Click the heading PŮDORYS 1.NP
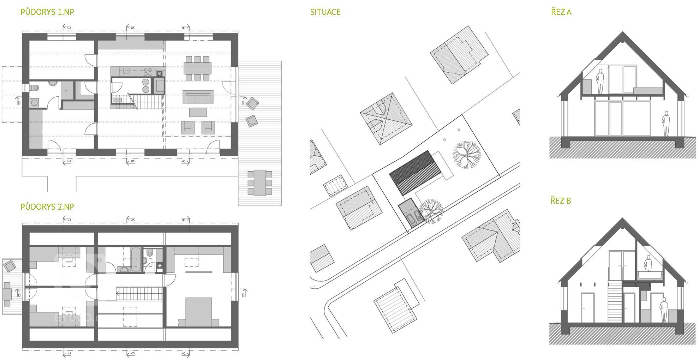47,12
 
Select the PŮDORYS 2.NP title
47,207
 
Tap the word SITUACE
325,12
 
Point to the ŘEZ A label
561,12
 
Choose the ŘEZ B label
561,201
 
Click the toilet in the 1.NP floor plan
34,88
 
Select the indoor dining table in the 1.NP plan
197,67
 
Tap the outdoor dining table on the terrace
260,182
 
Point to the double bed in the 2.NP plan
198,312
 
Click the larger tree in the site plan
466,154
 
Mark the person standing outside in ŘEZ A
665,124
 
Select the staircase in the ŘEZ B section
614,300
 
